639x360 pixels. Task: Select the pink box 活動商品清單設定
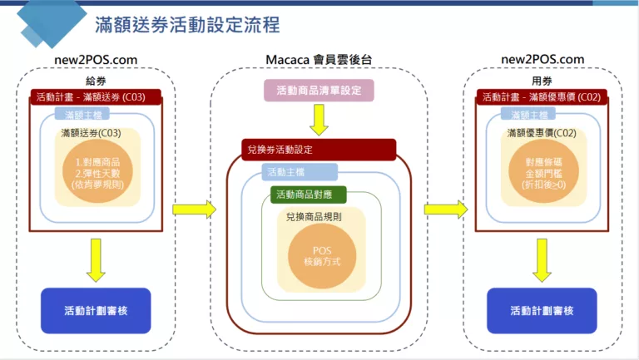[x=319, y=90]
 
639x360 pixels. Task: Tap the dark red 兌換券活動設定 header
[x=319, y=150]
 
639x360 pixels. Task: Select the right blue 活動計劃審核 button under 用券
[x=542, y=311]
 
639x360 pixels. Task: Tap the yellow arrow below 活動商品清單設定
[x=319, y=121]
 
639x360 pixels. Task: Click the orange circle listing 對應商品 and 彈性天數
[x=97, y=171]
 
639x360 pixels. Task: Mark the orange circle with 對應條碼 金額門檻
[x=542, y=171]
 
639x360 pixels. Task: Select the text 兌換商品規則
[x=313, y=218]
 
